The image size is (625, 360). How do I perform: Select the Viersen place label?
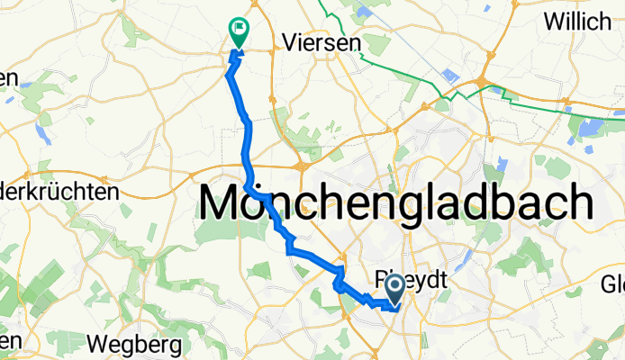pyautogui.click(x=321, y=41)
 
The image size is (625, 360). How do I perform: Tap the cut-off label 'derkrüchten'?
pyautogui.click(x=59, y=192)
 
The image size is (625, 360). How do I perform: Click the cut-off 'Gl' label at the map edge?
pyautogui.click(x=613, y=286)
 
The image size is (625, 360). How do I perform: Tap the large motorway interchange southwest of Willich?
pyautogui.click(x=486, y=83)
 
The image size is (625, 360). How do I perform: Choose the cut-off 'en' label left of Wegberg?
pyautogui.click(x=9, y=341)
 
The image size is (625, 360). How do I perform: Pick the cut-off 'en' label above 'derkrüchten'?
pyautogui.click(x=9, y=78)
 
